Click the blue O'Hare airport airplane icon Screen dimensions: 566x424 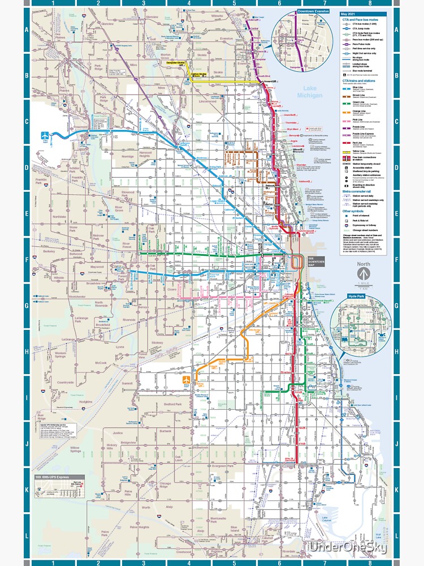(45, 136)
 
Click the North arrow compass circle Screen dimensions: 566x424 (363, 272)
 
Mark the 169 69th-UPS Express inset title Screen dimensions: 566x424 (59, 477)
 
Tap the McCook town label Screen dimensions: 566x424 (101, 363)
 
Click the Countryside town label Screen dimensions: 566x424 (66, 382)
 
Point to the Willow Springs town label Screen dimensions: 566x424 (75, 449)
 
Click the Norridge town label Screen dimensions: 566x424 (128, 156)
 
